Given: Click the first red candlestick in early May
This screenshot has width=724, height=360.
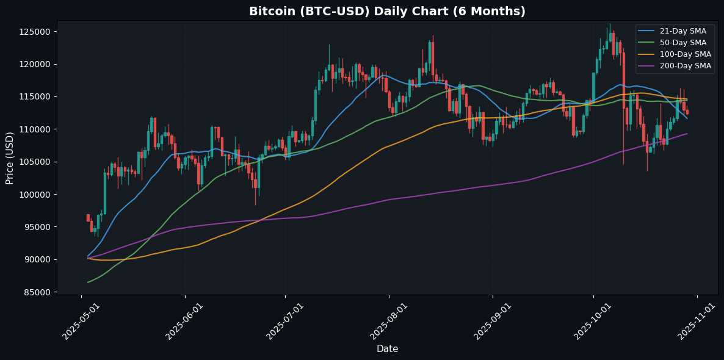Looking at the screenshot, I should point(88,218).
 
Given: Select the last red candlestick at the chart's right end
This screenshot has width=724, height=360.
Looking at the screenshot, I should point(687,112).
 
